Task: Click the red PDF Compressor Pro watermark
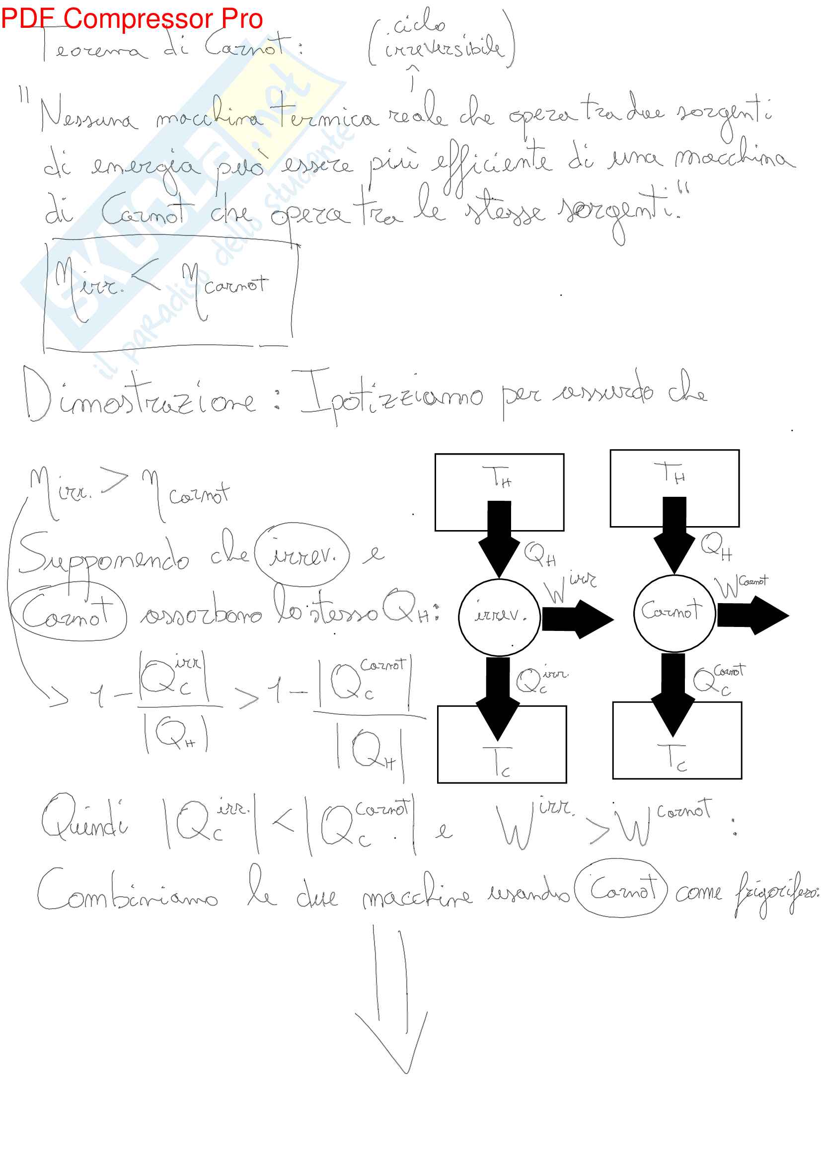(132, 18)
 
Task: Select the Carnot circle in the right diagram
(674, 613)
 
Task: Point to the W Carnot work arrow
(753, 615)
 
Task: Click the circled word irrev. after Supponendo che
(302, 555)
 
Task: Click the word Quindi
(84, 820)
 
